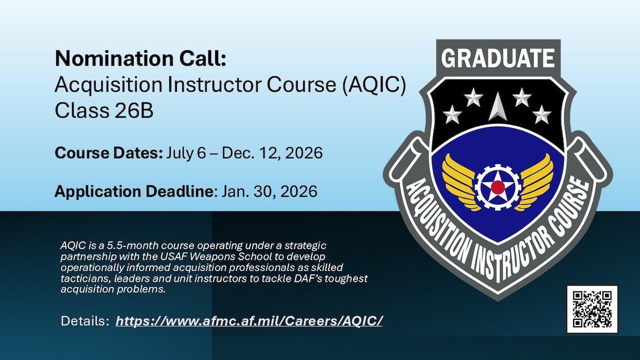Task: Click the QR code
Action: click(x=592, y=309)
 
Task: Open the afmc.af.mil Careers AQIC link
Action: click(x=249, y=321)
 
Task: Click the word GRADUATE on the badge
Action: click(x=497, y=58)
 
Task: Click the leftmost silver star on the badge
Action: click(x=452, y=114)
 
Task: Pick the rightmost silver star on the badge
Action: click(x=542, y=114)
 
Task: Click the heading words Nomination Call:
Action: click(x=140, y=59)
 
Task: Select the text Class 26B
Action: click(x=104, y=111)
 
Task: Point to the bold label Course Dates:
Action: click(x=109, y=153)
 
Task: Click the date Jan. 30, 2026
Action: click(x=269, y=191)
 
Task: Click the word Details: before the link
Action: click(x=85, y=321)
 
